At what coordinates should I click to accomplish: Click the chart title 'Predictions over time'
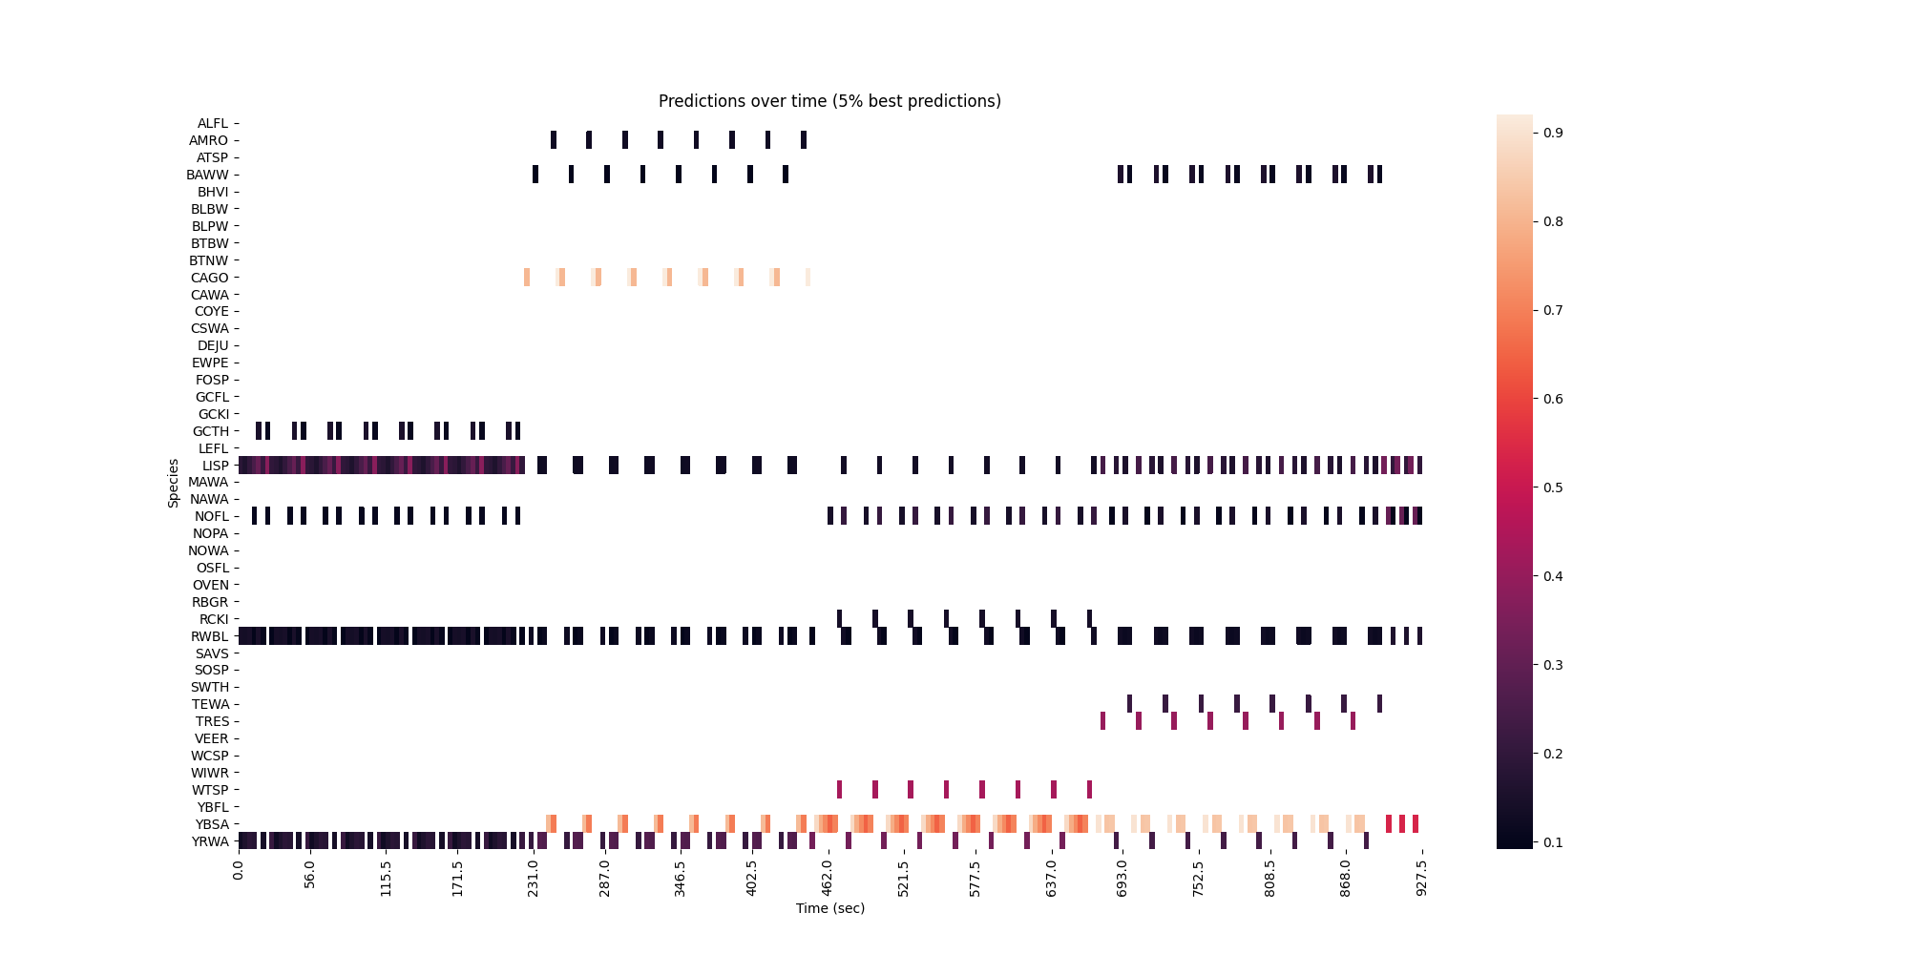point(829,101)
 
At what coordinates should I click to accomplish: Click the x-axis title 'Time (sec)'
point(829,908)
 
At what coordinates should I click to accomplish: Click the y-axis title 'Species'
point(174,483)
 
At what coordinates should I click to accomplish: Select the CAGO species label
point(210,278)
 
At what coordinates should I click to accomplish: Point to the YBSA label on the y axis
point(212,824)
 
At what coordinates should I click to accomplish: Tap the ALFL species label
point(213,123)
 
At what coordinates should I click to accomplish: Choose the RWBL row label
point(210,636)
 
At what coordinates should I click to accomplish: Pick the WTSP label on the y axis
point(211,790)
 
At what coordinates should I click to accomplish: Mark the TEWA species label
point(211,704)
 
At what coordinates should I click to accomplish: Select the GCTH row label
point(211,431)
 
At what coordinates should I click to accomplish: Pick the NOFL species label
point(212,516)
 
